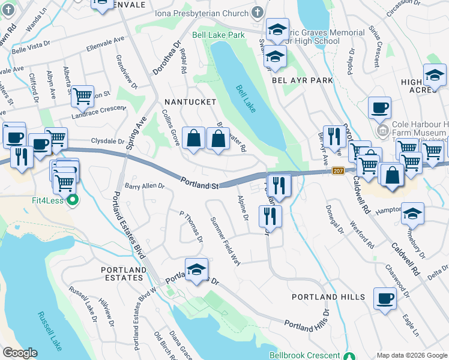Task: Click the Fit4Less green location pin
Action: [73, 200]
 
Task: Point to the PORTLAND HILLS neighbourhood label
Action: [328, 297]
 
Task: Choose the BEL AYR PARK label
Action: [302, 80]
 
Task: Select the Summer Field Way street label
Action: [225, 239]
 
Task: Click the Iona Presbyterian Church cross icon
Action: [256, 13]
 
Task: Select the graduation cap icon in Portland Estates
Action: [196, 269]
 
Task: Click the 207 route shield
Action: [338, 172]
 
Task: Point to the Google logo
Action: [20, 353]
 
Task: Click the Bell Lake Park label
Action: [218, 35]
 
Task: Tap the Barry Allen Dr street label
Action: [145, 186]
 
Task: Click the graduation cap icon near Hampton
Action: [413, 214]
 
